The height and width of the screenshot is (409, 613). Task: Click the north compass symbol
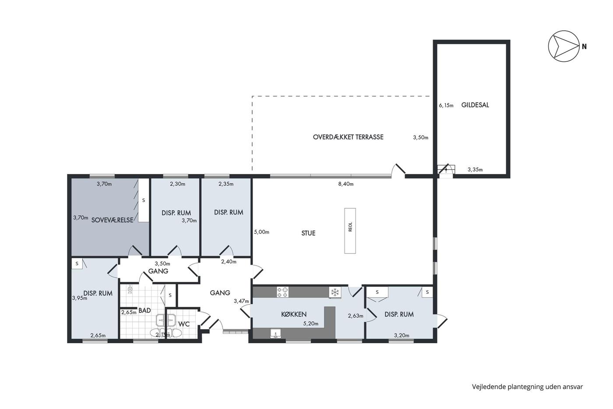tap(564, 46)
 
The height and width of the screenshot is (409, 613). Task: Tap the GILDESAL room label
tap(475, 105)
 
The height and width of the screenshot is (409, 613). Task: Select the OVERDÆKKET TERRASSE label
tap(348, 137)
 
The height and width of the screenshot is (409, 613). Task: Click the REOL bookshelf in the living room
tap(350, 231)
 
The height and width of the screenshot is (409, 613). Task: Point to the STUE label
tap(308, 233)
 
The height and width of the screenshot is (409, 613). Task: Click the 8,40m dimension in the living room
tap(346, 184)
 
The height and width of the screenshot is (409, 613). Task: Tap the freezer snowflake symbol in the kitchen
tap(335, 292)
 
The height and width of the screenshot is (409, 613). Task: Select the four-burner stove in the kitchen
tap(282, 292)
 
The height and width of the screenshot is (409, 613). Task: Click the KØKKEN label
tap(294, 314)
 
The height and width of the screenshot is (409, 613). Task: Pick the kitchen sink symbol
tap(275, 334)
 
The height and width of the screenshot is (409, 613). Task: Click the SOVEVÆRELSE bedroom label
tap(112, 220)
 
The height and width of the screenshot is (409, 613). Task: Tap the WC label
tap(184, 324)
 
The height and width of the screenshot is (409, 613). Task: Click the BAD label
tap(144, 310)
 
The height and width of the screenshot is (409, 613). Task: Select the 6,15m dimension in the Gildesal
tap(446, 106)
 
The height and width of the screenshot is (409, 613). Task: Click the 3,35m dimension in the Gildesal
tap(475, 170)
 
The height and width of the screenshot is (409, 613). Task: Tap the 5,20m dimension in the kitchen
tap(311, 324)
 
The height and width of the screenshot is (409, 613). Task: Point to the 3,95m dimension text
tap(80, 298)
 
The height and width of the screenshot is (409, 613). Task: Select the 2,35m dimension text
tap(226, 184)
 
